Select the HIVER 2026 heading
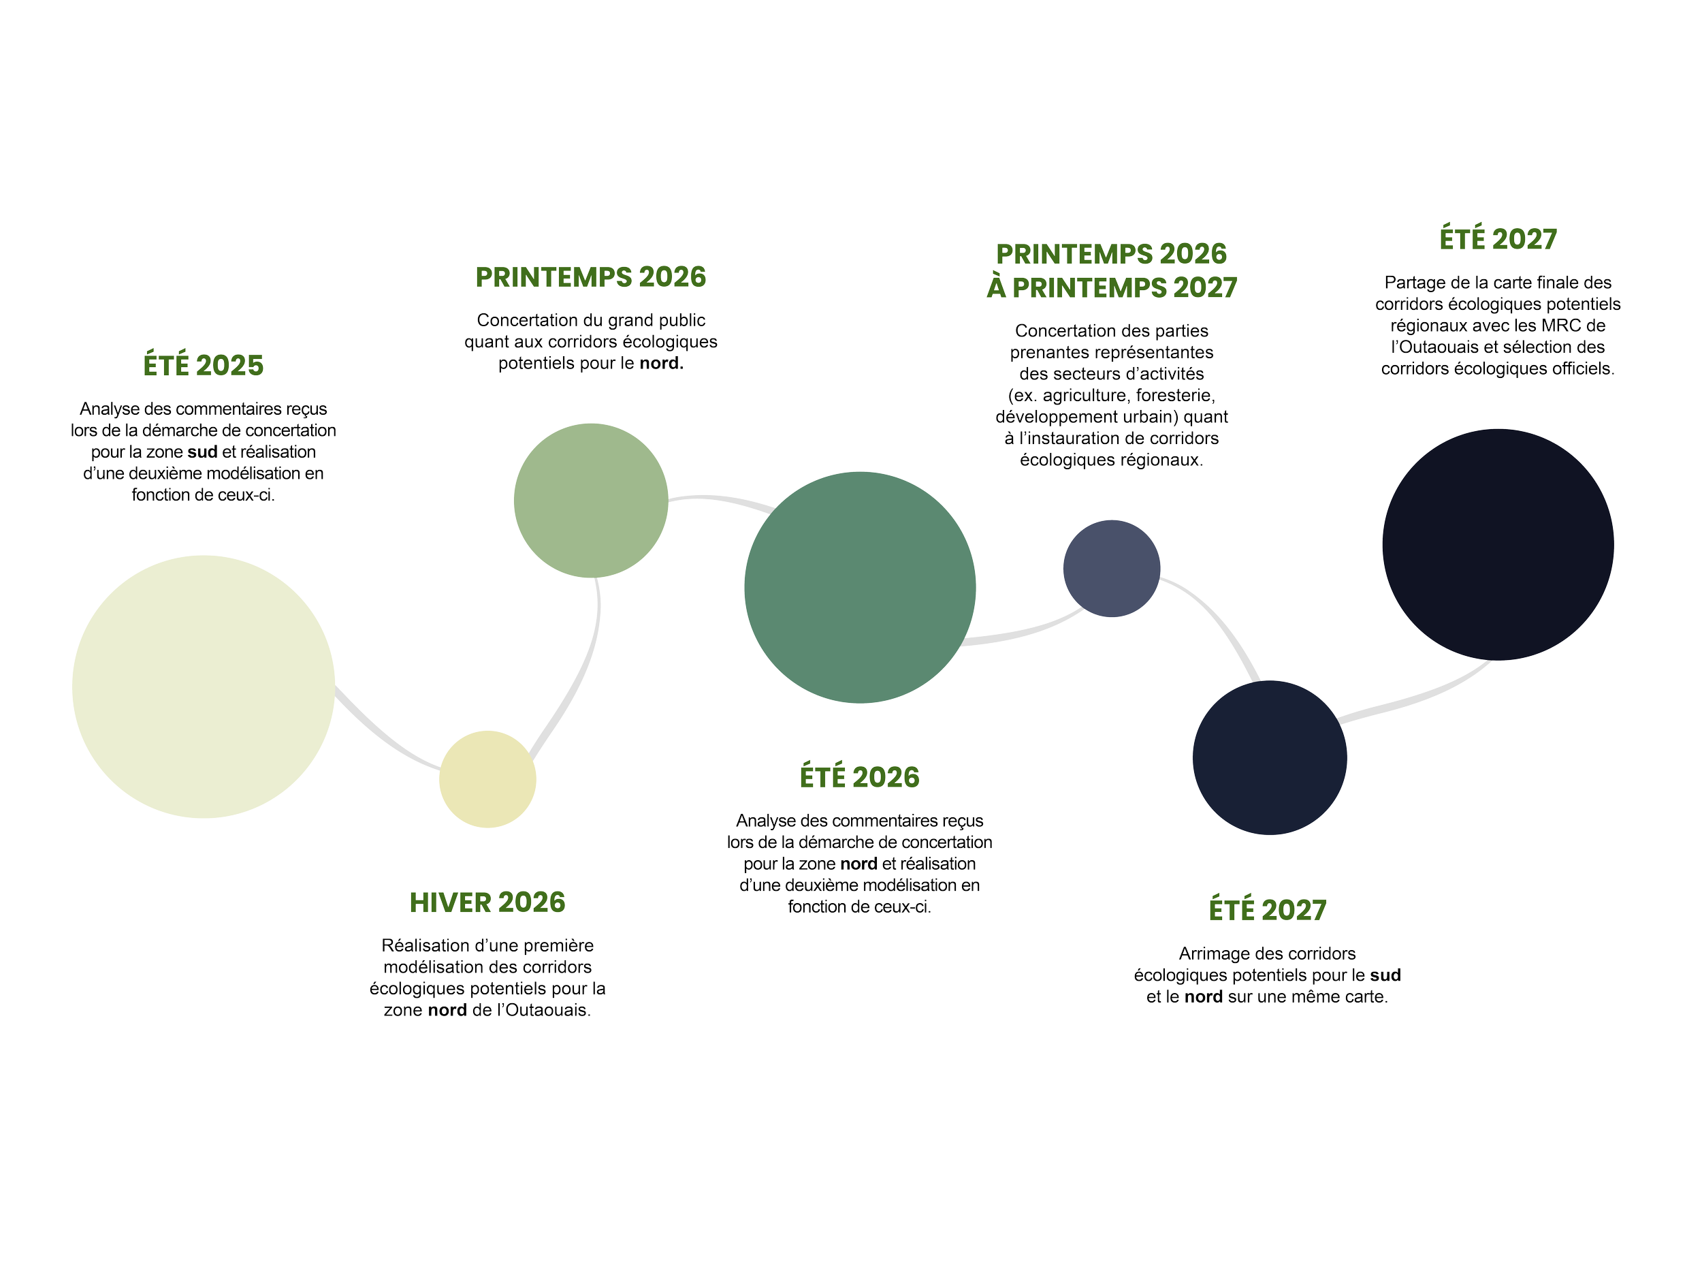click(487, 903)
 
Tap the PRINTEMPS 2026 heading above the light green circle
click(590, 278)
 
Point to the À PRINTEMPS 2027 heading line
click(1112, 288)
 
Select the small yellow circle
click(488, 780)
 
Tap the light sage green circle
click(590, 501)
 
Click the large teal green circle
click(859, 587)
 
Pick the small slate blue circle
click(1111, 568)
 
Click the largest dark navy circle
click(1497, 544)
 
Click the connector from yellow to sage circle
click(577, 678)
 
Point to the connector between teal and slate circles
click(1023, 633)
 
